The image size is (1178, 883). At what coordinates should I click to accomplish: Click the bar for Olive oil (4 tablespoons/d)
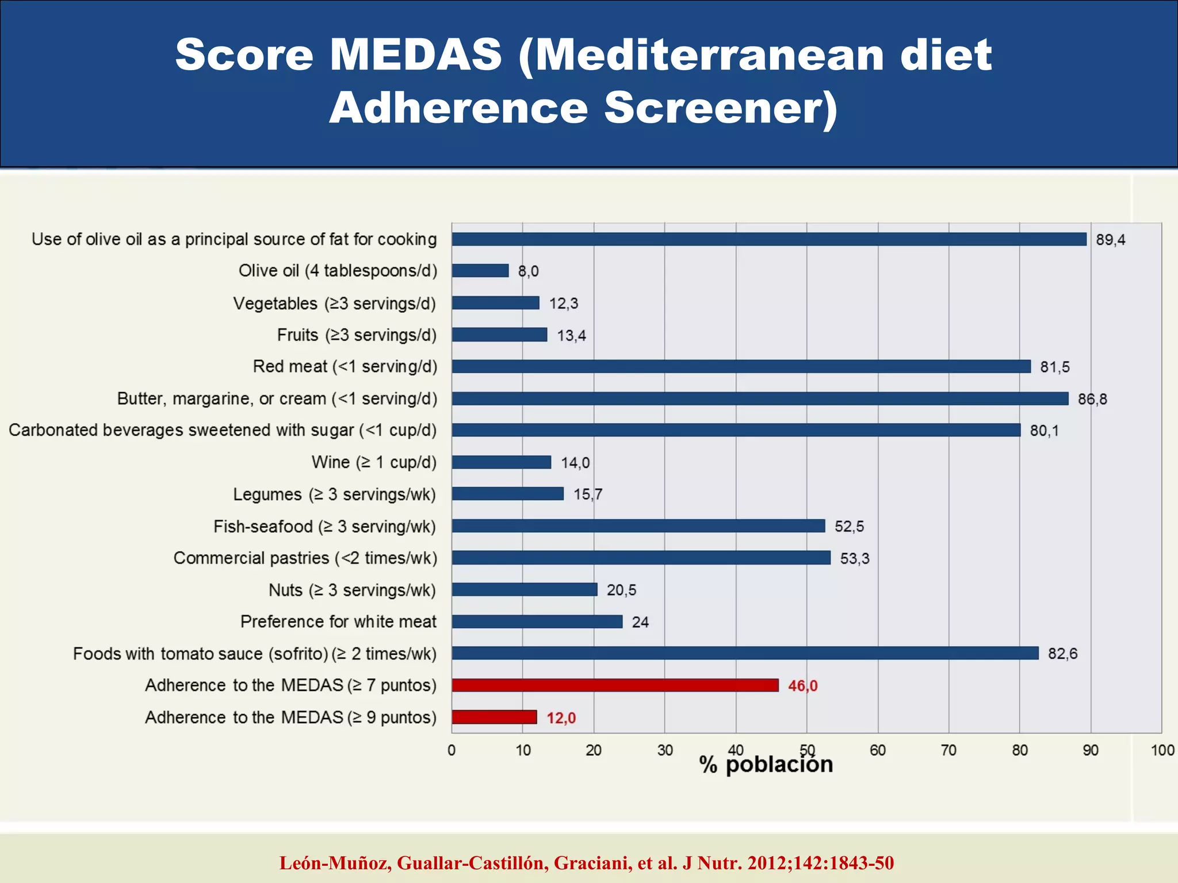tap(480, 271)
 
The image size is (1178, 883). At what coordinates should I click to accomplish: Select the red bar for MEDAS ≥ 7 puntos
tap(615, 685)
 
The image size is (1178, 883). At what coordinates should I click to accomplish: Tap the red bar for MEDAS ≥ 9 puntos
tap(494, 717)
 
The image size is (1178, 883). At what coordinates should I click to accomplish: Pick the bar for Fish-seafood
tap(638, 526)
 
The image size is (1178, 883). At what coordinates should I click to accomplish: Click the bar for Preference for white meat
tap(537, 621)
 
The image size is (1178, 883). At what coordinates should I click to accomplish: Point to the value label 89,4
tap(1110, 240)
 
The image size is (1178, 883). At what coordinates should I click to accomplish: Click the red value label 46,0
tap(802, 686)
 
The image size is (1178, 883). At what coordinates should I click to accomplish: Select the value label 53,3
tap(855, 558)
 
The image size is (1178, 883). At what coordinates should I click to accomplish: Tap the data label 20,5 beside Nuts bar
tap(621, 590)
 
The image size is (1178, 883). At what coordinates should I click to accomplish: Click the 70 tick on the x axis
tap(948, 750)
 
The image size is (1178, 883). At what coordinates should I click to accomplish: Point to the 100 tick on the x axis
tap(1162, 750)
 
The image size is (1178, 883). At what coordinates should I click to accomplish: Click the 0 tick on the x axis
tap(452, 750)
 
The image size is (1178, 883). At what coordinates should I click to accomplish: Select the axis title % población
tap(766, 765)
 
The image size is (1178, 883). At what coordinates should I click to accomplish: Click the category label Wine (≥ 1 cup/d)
tap(374, 462)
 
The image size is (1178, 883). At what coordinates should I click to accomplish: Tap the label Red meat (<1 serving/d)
tap(345, 367)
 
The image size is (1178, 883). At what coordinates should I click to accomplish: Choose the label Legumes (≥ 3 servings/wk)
tap(334, 494)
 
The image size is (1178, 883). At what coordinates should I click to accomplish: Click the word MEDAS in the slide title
tap(416, 55)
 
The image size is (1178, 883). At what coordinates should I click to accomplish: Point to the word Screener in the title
tap(721, 108)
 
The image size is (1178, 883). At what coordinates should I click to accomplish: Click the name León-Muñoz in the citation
tap(335, 863)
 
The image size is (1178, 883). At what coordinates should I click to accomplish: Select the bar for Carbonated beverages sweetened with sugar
tap(736, 430)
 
